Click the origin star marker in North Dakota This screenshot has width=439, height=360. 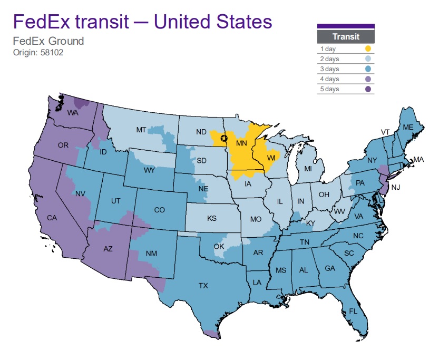tap(223, 138)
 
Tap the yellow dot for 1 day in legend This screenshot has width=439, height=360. tap(367, 48)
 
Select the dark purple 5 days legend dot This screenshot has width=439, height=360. tap(367, 89)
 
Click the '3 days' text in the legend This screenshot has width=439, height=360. tap(329, 69)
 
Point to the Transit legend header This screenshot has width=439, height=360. tap(346, 36)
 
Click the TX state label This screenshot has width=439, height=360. tap(203, 286)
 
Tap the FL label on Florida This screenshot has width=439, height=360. tap(353, 311)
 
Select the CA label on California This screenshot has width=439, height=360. tap(52, 217)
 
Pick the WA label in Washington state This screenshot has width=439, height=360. tap(73, 113)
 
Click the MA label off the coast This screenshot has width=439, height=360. tap(418, 159)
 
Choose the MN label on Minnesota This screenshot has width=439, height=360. tap(241, 143)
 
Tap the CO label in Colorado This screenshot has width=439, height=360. tap(160, 210)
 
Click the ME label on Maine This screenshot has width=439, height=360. tap(407, 128)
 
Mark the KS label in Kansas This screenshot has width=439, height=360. tap(211, 218)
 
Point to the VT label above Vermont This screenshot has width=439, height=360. tap(386, 131)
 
